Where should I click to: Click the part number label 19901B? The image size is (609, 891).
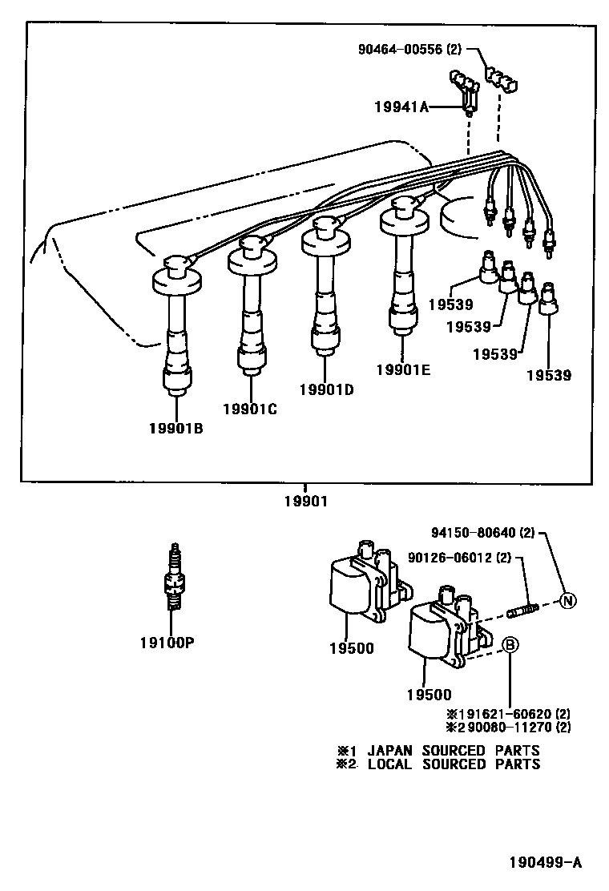point(175,428)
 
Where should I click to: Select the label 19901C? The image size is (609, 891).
point(249,409)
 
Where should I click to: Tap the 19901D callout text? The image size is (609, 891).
point(326,390)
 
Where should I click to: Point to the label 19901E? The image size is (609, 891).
point(403,369)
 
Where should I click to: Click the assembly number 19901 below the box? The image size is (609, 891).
point(305,502)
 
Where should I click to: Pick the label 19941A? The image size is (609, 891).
point(401,105)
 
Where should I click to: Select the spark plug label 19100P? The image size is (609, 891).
point(171,643)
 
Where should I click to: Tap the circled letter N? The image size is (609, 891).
point(567,601)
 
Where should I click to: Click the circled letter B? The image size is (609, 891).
point(510,644)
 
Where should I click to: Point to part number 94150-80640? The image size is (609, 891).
point(479,532)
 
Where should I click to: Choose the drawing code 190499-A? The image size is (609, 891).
point(545,863)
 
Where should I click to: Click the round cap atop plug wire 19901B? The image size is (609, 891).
point(175,265)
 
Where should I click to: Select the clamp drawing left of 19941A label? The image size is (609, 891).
point(467,87)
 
